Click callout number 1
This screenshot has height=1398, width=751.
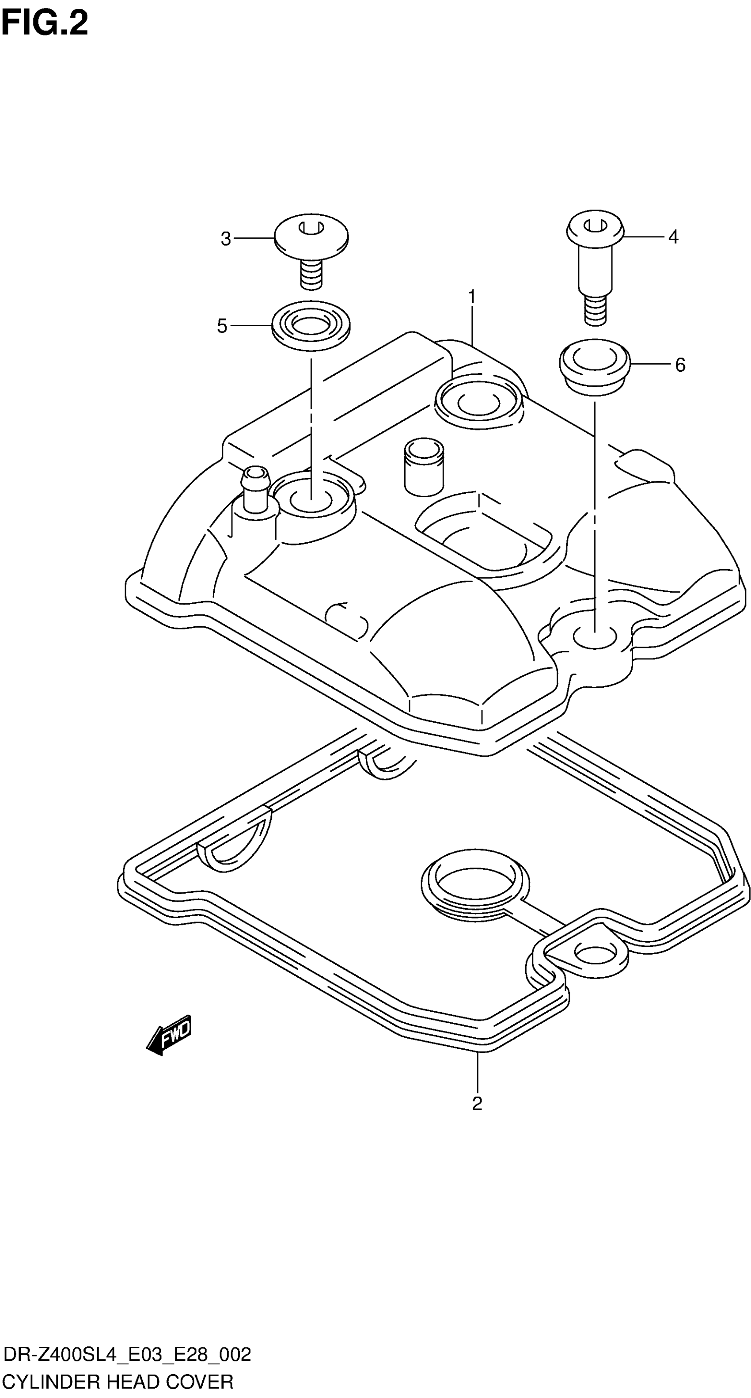472,297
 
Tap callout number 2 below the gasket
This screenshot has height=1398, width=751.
477,1103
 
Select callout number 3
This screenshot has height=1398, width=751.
226,239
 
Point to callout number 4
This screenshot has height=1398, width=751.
673,236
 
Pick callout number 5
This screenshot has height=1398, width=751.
222,326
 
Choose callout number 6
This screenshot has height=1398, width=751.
680,365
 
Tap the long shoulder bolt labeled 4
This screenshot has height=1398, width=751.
595,260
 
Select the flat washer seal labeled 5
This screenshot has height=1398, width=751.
311,326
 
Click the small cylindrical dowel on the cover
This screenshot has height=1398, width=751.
424,466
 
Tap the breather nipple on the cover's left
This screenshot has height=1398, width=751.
256,490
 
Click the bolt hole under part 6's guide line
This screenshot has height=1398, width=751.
595,638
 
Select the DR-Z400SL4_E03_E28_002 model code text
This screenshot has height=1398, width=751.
127,1355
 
